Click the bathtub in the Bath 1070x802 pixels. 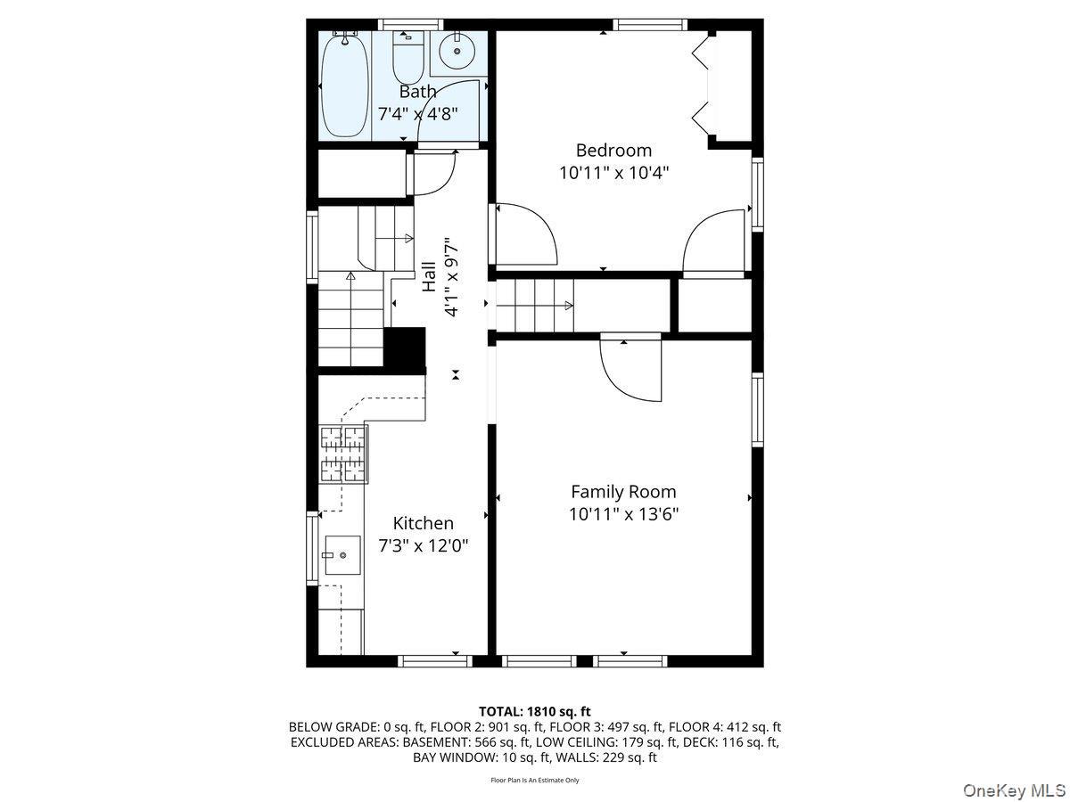coord(343,85)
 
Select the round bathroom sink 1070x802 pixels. coord(457,53)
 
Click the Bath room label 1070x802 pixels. coord(417,91)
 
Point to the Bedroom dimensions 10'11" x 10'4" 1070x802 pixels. coord(613,173)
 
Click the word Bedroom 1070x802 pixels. coord(613,150)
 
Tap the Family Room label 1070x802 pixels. coord(623,491)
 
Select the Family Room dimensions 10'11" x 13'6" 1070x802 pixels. coord(623,514)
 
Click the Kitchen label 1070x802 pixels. coord(424,523)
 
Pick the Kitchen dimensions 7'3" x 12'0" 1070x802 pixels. coord(424,545)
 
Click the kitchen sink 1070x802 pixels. coord(342,555)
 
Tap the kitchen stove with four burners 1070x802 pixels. coord(343,454)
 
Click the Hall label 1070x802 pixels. coord(430,276)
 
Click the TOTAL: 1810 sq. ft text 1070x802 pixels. coord(534,711)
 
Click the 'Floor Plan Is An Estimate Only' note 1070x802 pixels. coord(534,781)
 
